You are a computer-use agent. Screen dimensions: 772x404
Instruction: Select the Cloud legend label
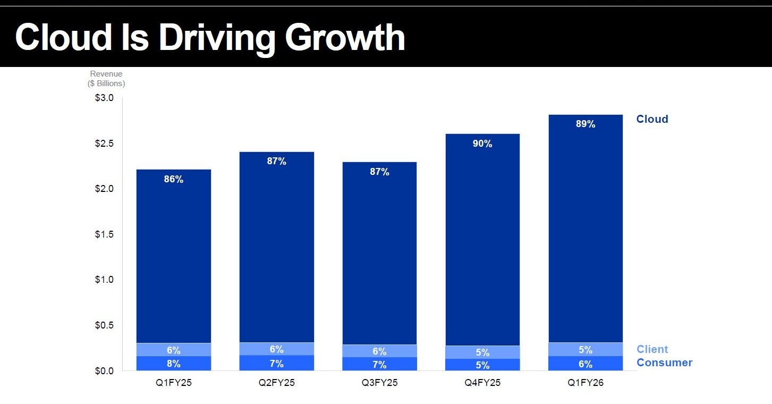652,119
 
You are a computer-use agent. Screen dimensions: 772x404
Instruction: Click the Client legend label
652,349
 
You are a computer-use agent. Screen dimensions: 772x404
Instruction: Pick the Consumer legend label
665,363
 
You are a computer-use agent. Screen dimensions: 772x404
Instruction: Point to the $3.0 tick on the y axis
104,98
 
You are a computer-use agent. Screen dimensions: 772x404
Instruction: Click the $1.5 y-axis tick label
104,234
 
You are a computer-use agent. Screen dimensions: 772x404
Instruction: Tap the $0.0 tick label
104,371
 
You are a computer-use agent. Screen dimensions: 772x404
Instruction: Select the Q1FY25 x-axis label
174,383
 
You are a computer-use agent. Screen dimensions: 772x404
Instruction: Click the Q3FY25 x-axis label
379,383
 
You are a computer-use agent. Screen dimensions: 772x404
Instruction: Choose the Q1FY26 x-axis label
586,383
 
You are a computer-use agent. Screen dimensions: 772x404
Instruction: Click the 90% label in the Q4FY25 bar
482,144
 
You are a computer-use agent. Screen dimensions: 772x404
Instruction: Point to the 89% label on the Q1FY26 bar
586,124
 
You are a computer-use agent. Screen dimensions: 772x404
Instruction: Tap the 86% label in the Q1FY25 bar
174,179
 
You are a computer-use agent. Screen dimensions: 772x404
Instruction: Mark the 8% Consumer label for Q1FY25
174,363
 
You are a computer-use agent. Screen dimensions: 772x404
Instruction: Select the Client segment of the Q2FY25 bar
277,349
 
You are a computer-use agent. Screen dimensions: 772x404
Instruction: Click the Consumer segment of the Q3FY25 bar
379,364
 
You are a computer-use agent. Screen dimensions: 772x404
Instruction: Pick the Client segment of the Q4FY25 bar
482,352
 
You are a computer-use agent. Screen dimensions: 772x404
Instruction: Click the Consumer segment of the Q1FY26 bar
586,363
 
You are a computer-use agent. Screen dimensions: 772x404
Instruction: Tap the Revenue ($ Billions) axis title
106,79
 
